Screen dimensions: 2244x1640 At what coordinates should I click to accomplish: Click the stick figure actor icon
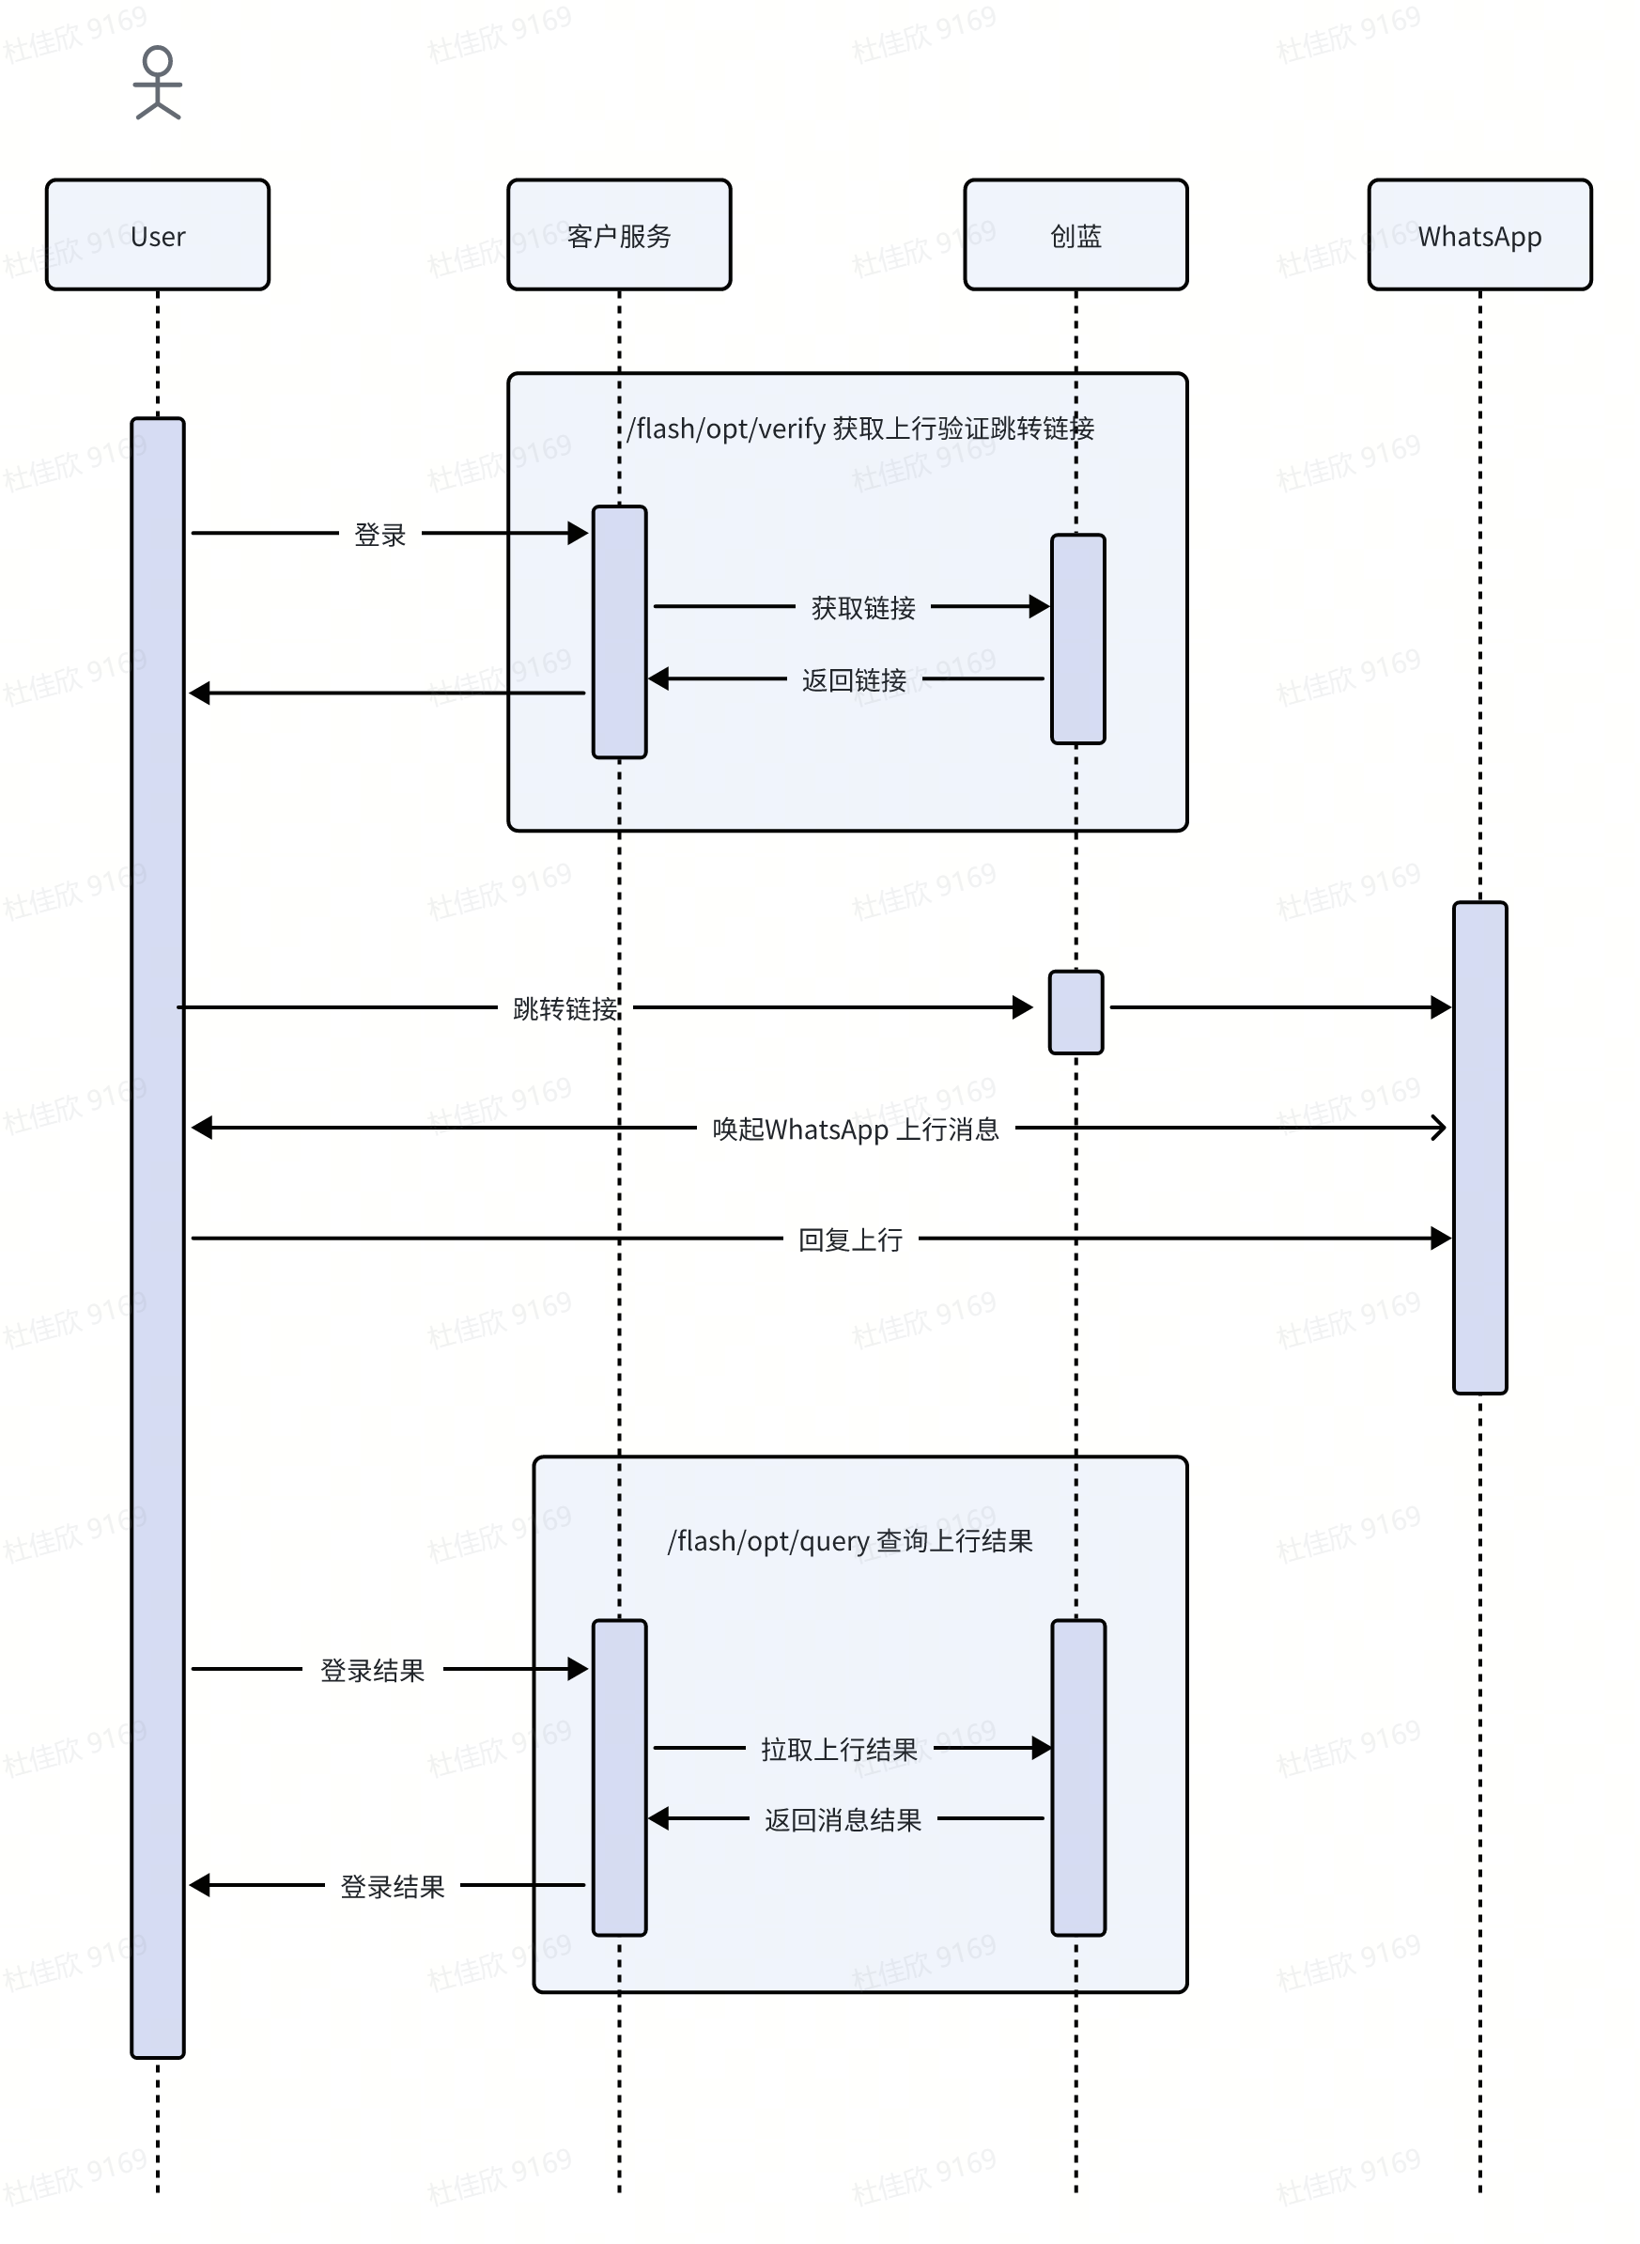pos(158,84)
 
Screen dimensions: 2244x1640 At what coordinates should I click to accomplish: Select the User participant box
pos(158,235)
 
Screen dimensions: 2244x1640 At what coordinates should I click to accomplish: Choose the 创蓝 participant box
pos(1075,235)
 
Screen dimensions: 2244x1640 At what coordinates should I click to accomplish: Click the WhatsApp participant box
pos(1479,235)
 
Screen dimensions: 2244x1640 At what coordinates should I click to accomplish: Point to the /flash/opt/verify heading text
pos(860,429)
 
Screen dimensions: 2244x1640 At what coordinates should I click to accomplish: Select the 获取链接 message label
pos(862,608)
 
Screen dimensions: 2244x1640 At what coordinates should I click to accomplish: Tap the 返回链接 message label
pos(854,680)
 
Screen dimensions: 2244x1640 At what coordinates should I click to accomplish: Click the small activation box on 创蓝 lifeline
pos(1076,1012)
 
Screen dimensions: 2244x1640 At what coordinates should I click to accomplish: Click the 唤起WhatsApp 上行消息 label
pos(856,1129)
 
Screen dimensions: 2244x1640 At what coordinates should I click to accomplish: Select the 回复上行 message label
pos(851,1240)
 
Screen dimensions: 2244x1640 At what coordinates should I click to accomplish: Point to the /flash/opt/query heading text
pos(850,1541)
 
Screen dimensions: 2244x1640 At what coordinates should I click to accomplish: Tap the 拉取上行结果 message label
pos(839,1750)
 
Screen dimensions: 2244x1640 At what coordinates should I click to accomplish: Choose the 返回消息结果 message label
pos(843,1820)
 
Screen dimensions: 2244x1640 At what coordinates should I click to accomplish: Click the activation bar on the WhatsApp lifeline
pos(1479,1146)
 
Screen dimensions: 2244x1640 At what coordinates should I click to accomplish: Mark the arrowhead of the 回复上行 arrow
pos(1441,1239)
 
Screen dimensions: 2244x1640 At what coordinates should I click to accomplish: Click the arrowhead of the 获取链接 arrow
pos(1040,606)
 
